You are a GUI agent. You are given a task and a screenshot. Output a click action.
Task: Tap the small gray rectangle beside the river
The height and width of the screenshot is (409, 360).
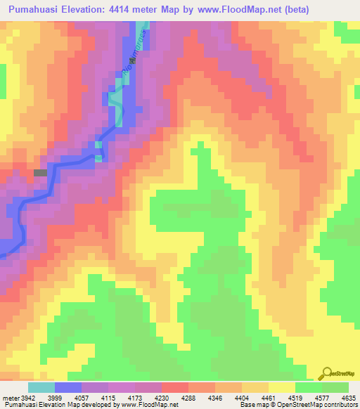(x=41, y=172)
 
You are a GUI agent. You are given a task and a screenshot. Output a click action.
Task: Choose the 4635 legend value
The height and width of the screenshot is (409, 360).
(x=349, y=398)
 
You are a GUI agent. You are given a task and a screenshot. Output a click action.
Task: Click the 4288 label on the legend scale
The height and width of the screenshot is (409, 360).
(x=188, y=398)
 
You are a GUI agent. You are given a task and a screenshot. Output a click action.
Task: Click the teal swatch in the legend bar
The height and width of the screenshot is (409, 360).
(x=41, y=387)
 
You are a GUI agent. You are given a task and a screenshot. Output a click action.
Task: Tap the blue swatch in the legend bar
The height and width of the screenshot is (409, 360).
(x=68, y=387)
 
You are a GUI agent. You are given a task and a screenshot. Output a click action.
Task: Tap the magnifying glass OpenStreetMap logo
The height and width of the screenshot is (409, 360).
(x=326, y=373)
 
